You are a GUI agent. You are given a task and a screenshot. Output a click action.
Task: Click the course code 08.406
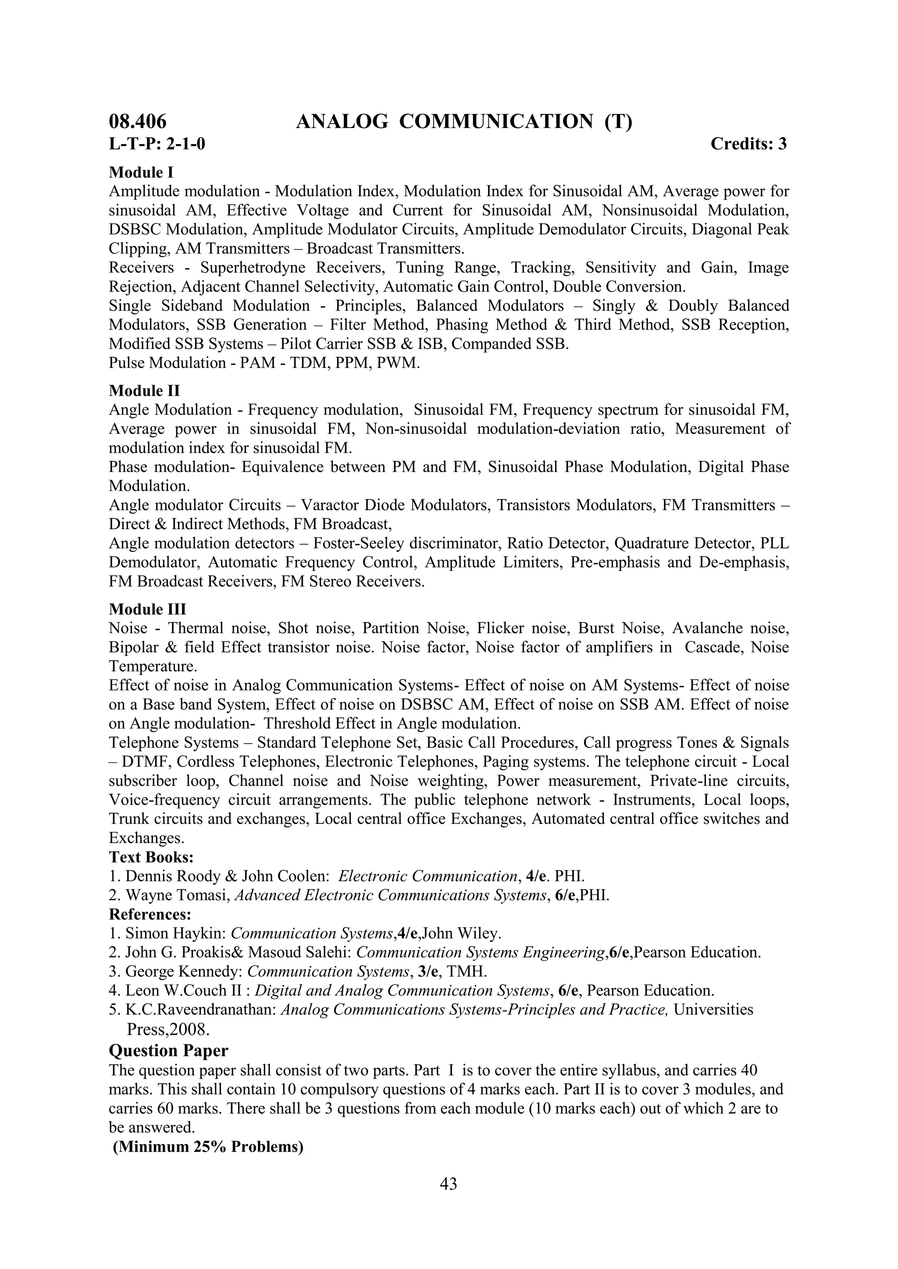pyautogui.click(x=137, y=121)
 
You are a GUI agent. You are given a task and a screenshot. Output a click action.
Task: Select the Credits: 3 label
pyautogui.click(x=748, y=144)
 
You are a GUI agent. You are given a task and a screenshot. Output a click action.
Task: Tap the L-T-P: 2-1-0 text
pyautogui.click(x=157, y=144)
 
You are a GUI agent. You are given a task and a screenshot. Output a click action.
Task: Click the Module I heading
pyautogui.click(x=141, y=173)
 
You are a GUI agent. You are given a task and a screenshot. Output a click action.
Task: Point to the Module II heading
pyautogui.click(x=144, y=391)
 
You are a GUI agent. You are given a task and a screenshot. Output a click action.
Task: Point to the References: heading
pyautogui.click(x=150, y=914)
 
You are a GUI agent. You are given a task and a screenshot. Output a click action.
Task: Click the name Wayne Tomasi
pyautogui.click(x=178, y=895)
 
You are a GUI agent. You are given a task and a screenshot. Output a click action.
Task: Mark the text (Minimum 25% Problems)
pyautogui.click(x=208, y=1147)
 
